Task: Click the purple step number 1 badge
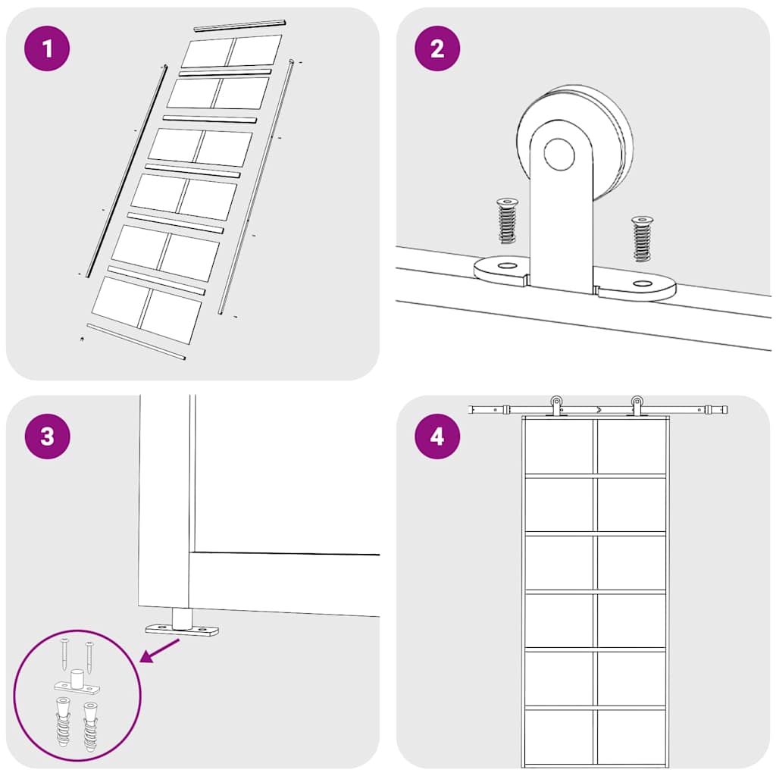coord(47,48)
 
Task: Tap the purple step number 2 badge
coord(437,48)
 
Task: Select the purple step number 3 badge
coord(47,436)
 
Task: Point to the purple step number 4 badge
coord(437,436)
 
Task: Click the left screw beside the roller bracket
coord(506,221)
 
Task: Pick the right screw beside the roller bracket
coord(642,239)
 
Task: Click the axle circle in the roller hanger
coord(559,154)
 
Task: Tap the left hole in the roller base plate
coord(506,266)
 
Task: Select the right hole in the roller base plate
coord(643,283)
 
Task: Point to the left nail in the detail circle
coord(65,654)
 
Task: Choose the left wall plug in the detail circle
coord(63,722)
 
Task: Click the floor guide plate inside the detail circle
coord(77,687)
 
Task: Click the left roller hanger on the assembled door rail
coord(556,406)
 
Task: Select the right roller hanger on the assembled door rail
coord(637,406)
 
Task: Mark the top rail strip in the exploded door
coord(240,26)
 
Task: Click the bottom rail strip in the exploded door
coord(136,342)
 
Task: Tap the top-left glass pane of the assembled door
coord(559,446)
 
